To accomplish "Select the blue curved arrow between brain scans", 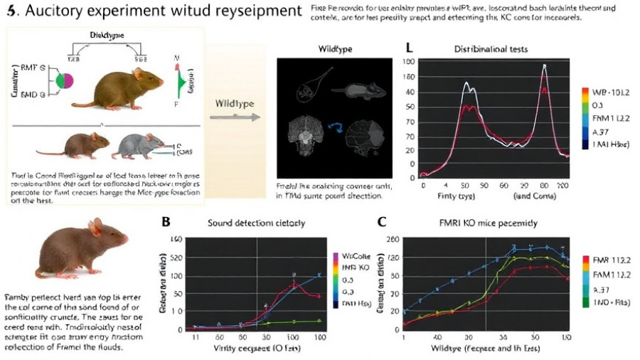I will [336, 127].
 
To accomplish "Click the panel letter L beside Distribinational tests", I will [408, 48].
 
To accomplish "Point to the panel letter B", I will [166, 221].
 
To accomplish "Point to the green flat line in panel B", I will [284, 322].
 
